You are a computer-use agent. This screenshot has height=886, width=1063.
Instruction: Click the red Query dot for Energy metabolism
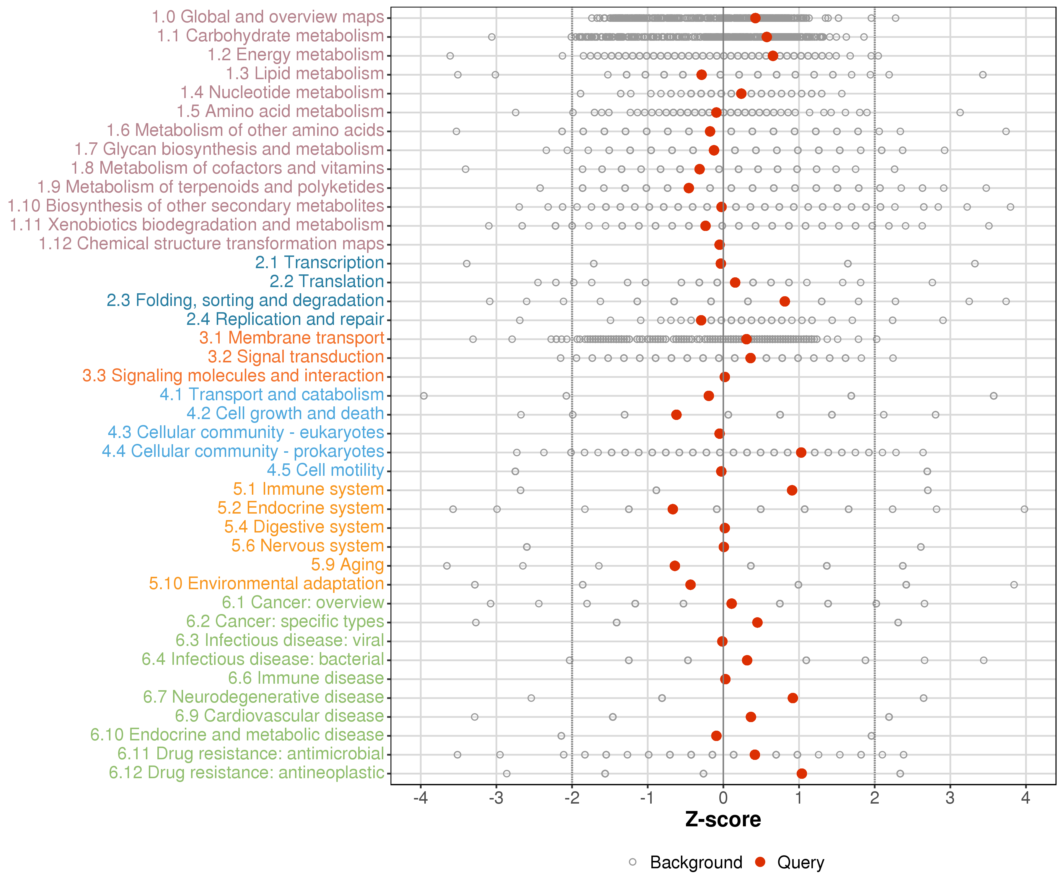pos(772,56)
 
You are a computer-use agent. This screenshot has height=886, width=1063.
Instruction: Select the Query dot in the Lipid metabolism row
pos(701,75)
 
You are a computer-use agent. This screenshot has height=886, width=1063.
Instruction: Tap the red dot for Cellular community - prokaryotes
pos(801,452)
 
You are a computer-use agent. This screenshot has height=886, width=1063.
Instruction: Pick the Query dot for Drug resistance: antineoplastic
pos(801,773)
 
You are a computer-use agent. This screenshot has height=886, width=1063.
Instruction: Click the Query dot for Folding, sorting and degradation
pos(785,301)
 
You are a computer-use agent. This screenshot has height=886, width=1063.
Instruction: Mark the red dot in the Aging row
pos(675,566)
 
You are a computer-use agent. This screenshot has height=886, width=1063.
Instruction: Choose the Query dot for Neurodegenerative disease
pos(793,698)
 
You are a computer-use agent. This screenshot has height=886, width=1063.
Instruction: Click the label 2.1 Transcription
pos(319,262)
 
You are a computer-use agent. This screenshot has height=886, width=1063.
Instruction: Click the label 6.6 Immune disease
pos(306,677)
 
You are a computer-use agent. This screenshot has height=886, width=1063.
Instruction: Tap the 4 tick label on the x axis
pos(1025,798)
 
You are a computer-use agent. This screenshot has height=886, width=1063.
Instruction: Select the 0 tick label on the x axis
pos(723,798)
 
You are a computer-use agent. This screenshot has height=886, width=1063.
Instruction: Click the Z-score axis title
pos(723,820)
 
